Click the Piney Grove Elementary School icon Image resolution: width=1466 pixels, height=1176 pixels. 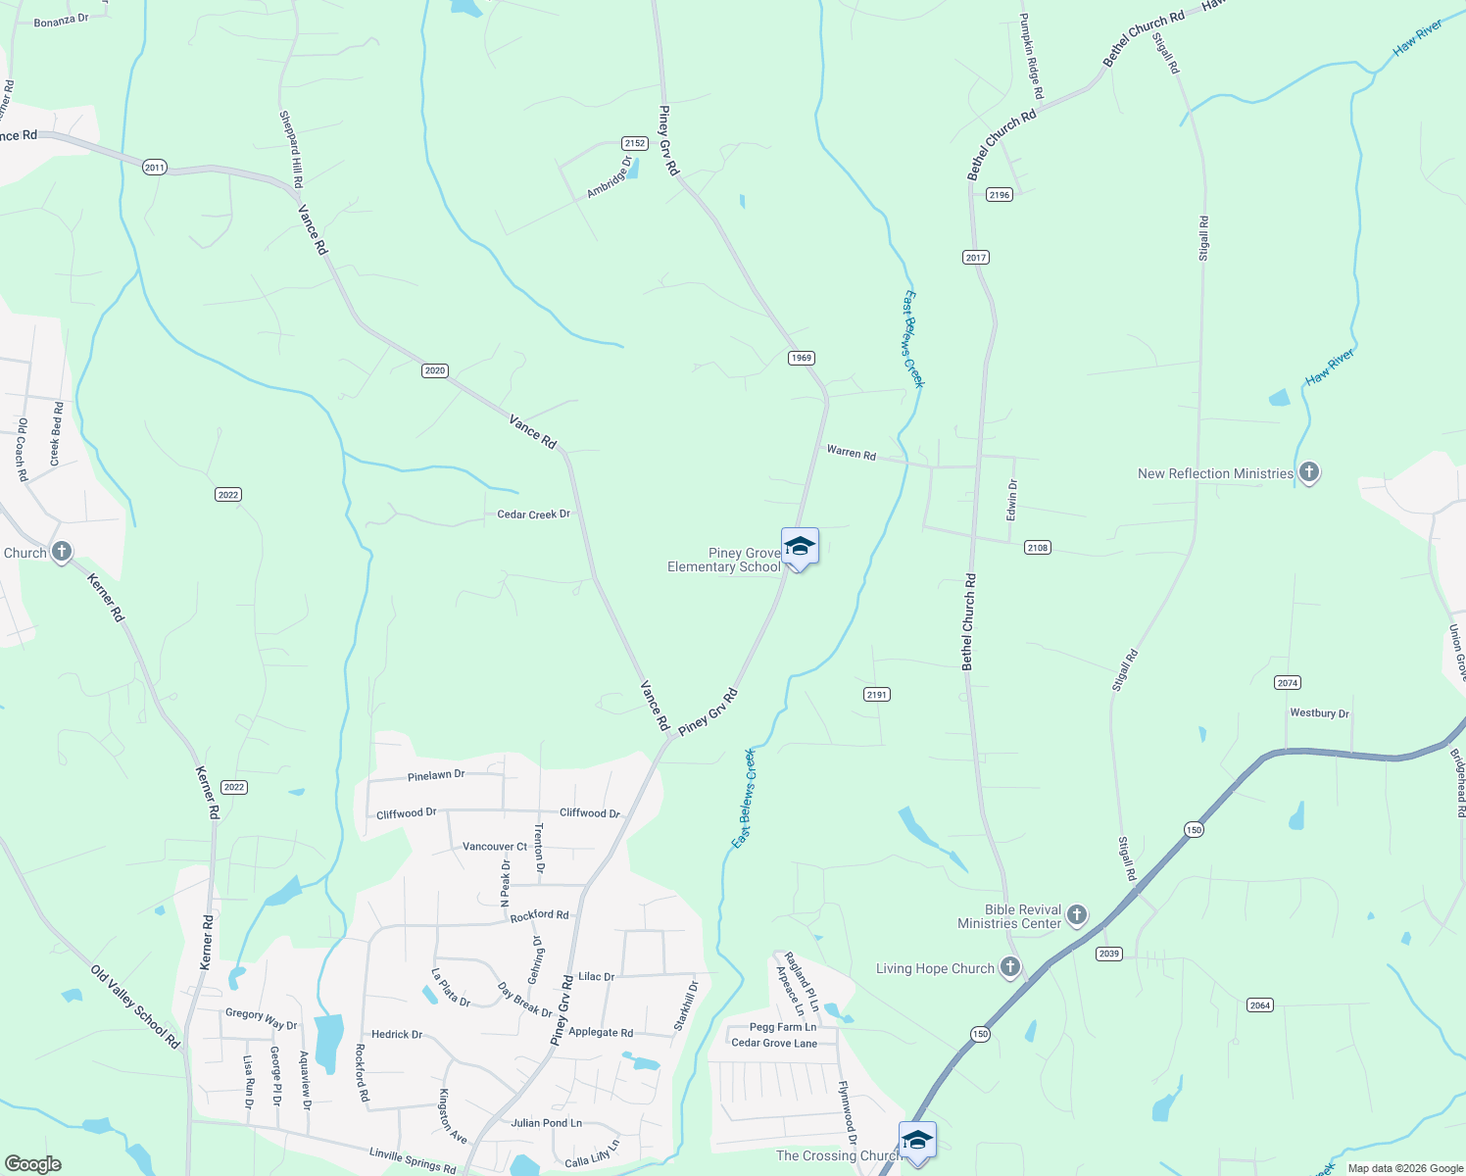coord(800,547)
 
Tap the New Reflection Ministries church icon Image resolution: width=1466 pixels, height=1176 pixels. coord(1308,473)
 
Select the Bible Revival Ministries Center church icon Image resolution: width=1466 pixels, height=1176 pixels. coord(1077,916)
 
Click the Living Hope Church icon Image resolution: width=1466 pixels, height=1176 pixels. coord(1009,968)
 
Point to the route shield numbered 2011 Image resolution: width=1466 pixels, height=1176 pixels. coord(154,168)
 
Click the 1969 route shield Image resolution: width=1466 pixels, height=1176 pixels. coord(802,358)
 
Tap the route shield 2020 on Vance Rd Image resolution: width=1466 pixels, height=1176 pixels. coord(435,370)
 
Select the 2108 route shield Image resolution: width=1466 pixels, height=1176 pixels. coord(1038,548)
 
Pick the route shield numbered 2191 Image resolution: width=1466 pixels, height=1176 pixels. coord(876,695)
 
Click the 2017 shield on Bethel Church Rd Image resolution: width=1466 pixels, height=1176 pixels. coord(975,258)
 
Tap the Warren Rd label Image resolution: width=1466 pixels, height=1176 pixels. coord(851,453)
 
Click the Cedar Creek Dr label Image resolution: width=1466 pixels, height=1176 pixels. coord(533,514)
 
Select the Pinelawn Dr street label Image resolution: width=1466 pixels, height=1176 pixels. coord(436,775)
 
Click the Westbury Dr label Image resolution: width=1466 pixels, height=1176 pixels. coord(1319,713)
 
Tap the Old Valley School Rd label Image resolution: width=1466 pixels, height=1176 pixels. coord(135,1007)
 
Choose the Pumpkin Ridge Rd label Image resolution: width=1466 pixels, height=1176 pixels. coord(1031,57)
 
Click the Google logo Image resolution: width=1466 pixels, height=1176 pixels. coord(33,1164)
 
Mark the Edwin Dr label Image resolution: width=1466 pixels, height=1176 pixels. coord(1012,500)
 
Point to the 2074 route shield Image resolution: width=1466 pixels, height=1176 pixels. coord(1288,683)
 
